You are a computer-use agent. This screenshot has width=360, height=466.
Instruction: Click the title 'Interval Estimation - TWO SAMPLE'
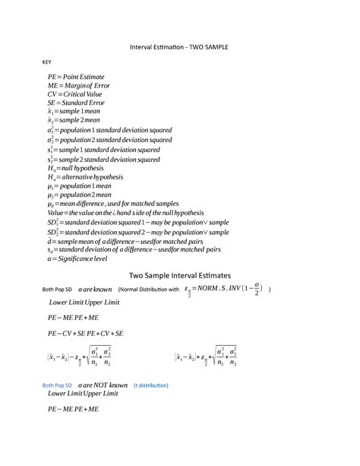[179, 46]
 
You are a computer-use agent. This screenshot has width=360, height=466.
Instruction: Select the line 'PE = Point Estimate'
[76, 78]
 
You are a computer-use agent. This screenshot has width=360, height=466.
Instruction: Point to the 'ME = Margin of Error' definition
[78, 87]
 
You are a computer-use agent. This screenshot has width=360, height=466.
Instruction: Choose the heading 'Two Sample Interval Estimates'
[179, 275]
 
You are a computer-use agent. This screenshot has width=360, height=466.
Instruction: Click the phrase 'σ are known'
[95, 290]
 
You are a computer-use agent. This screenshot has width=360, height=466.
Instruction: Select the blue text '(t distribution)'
[151, 385]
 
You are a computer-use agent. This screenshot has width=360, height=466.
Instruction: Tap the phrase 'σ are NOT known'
[98, 385]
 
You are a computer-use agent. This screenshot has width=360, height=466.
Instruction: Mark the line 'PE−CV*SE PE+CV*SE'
[85, 333]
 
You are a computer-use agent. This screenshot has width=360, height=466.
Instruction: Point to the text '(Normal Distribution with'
[149, 290]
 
